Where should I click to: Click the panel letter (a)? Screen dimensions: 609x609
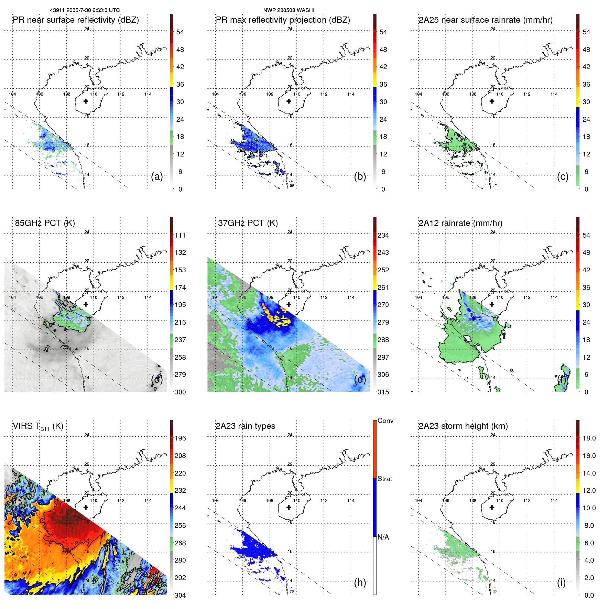click(157, 177)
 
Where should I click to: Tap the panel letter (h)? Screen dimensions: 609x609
click(360, 583)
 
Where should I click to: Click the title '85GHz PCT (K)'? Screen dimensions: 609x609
click(45, 223)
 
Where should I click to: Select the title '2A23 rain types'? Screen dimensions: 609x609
click(245, 426)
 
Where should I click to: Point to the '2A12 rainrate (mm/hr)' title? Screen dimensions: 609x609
click(460, 223)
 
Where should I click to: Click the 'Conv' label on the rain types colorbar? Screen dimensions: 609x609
click(385, 421)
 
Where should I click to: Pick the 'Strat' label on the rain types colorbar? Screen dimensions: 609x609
click(384, 479)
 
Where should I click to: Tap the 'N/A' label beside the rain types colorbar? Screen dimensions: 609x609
click(383, 537)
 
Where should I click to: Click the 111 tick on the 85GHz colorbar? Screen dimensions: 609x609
click(180, 235)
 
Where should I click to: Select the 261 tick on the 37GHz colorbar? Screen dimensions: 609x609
click(383, 287)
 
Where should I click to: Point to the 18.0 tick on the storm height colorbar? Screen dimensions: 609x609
click(589, 438)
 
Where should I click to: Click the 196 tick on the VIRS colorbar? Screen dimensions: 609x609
click(180, 438)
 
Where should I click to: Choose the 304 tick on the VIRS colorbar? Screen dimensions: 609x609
click(180, 595)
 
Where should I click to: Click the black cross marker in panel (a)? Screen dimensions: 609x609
click(86, 101)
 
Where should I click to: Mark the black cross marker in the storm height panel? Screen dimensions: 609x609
click(492, 508)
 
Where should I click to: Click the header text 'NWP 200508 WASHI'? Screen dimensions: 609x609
click(289, 10)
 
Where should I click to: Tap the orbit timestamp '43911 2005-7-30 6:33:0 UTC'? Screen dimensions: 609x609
click(85, 10)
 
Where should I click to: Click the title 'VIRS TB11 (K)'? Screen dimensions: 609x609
click(38, 426)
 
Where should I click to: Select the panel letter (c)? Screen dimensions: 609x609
click(563, 177)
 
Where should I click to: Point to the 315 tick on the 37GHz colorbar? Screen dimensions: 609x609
click(383, 392)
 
